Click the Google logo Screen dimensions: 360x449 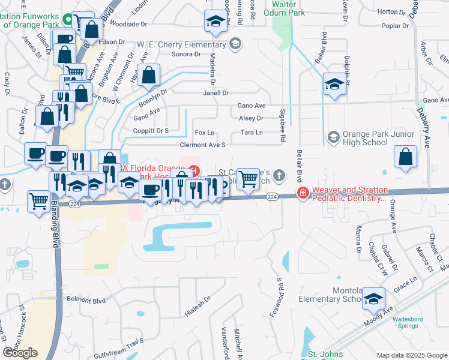click(20, 353)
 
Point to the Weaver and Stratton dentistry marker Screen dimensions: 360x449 click(303, 193)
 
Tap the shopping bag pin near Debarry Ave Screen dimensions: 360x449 click(406, 157)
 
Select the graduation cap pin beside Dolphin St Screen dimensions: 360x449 click(333, 84)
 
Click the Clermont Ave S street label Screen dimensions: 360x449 click(202, 145)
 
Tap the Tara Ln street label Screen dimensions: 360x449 click(252, 133)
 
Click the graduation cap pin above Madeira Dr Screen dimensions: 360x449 click(215, 21)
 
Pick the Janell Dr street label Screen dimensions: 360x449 click(216, 93)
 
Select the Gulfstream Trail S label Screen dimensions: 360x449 click(124, 340)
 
